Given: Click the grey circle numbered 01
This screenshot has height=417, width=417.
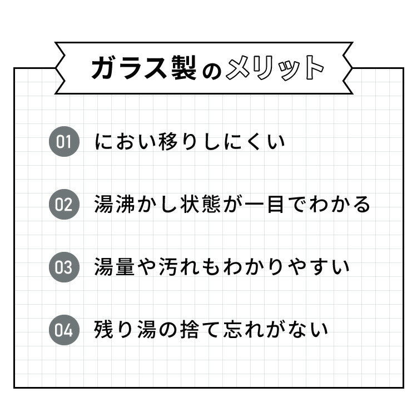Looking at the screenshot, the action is point(64,141).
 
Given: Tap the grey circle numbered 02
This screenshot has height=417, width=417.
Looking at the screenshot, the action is point(64,204).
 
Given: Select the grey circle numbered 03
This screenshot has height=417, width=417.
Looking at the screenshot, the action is point(64,267).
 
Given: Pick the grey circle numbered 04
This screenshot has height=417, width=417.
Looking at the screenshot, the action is point(64,330).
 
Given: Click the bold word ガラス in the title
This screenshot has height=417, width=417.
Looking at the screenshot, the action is point(129,68).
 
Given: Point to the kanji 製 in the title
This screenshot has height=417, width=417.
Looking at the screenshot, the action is point(184,68).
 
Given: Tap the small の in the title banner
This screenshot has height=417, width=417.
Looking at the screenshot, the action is point(212,71).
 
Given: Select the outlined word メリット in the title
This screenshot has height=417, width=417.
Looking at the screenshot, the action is point(275,68).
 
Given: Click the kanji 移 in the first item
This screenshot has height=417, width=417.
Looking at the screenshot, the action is point(168,141).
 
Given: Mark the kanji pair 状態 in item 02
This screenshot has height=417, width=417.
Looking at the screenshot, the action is point(200,204).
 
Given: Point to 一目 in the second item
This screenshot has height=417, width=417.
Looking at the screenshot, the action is point(264,204).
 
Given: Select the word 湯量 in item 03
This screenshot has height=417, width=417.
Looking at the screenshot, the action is point(115,267).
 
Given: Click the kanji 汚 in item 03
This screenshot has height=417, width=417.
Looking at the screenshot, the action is point(168,267).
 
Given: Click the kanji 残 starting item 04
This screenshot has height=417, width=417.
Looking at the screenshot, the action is point(104,330).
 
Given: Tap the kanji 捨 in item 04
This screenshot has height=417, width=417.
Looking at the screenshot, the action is point(190,330).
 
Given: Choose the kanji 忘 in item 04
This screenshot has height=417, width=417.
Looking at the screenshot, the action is point(232,330).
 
